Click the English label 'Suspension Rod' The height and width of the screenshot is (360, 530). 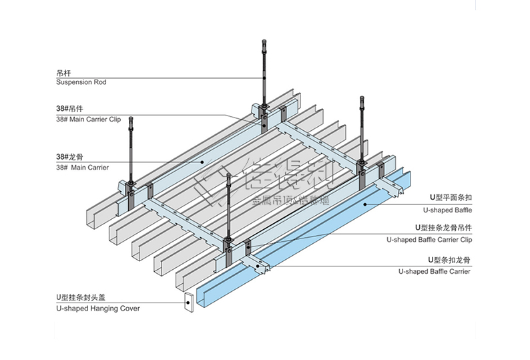[x=81, y=83]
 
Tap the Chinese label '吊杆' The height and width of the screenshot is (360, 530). [x=64, y=72]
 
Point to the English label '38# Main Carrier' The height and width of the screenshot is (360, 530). [x=82, y=168]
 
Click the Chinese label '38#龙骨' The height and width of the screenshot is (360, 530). [x=68, y=157]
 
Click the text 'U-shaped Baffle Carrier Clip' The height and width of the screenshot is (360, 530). [x=429, y=240]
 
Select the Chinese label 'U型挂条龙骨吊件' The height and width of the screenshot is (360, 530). [x=443, y=228]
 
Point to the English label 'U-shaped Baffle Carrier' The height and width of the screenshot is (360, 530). [x=435, y=271]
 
